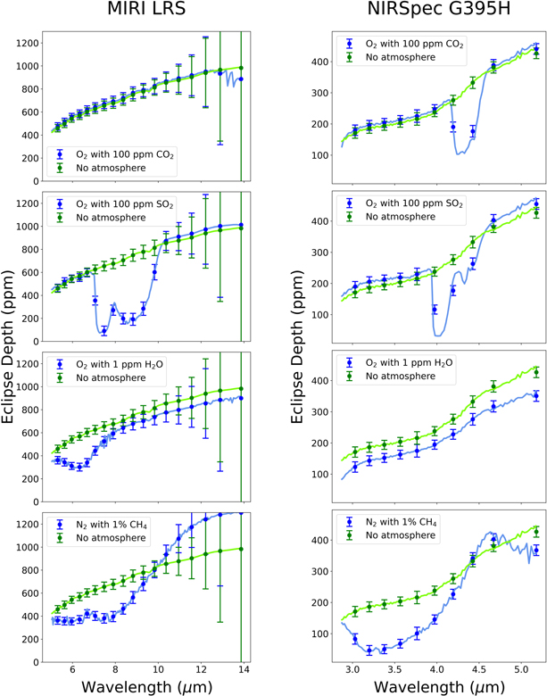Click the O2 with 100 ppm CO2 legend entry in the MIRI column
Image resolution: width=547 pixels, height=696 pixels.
(116, 154)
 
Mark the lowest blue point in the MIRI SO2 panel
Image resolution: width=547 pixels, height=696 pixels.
(104, 331)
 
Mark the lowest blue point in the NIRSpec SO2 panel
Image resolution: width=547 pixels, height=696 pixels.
(435, 310)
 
